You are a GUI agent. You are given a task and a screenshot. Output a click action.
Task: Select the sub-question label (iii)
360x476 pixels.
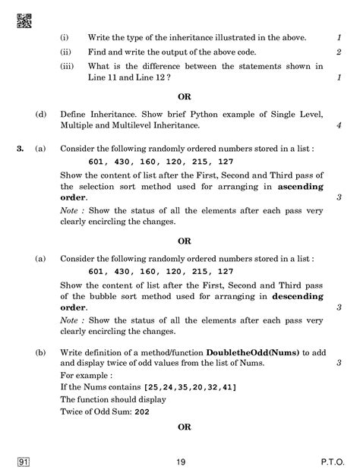point(65,67)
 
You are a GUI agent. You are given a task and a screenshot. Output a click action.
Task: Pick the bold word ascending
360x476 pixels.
point(300,186)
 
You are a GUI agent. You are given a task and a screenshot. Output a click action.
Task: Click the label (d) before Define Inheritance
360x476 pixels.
point(40,114)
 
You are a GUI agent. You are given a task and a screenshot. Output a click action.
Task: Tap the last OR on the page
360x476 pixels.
point(184,427)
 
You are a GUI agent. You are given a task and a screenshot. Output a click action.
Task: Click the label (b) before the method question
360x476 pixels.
point(40,351)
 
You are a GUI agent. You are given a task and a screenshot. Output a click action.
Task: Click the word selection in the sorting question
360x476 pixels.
point(107,186)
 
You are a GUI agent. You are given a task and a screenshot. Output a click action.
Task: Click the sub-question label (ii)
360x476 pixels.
point(64,52)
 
